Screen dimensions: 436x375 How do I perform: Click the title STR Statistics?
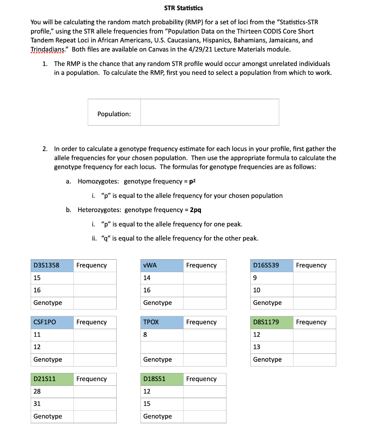point(183,8)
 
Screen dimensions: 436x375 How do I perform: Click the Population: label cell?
point(114,114)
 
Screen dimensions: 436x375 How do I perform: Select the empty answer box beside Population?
point(209,112)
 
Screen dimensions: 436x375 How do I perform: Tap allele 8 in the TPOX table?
point(146,335)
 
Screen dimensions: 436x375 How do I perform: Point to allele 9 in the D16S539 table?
point(255,278)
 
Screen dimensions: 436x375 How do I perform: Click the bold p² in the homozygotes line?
point(191,181)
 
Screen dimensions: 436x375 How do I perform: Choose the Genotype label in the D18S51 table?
point(157,416)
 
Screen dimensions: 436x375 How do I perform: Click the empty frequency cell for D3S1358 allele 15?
point(95,278)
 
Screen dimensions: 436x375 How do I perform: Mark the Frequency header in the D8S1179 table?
point(311,322)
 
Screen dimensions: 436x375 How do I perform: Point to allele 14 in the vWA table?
point(147,278)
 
